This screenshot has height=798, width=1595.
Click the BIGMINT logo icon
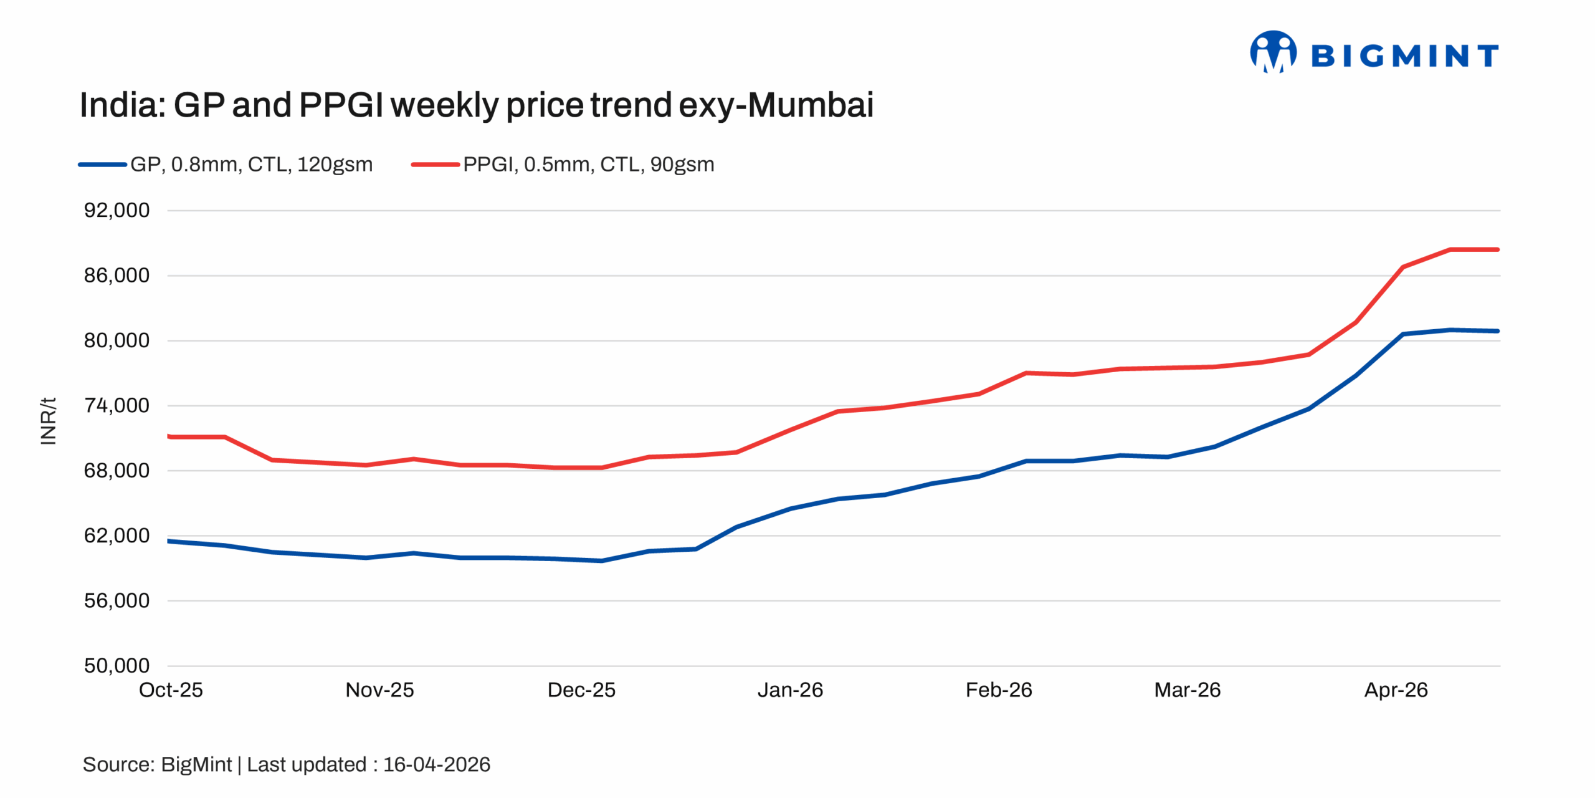(1273, 52)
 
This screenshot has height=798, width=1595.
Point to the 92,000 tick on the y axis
(117, 211)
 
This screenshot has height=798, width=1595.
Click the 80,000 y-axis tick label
(117, 341)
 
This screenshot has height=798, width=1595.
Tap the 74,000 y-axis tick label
(117, 406)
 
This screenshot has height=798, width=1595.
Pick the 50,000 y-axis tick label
(117, 666)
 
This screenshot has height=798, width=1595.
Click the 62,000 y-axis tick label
(117, 536)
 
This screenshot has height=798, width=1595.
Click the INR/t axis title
(48, 421)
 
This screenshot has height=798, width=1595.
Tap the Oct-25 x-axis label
(171, 690)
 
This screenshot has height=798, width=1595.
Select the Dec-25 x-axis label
(581, 690)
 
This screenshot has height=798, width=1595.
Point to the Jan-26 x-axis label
(790, 690)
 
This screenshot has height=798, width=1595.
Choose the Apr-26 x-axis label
(1396, 690)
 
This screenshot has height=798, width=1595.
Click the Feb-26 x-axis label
(999, 690)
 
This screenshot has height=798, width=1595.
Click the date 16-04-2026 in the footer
(436, 765)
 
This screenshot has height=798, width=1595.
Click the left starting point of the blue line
(169, 541)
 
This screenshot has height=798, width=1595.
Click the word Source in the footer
(117, 765)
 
